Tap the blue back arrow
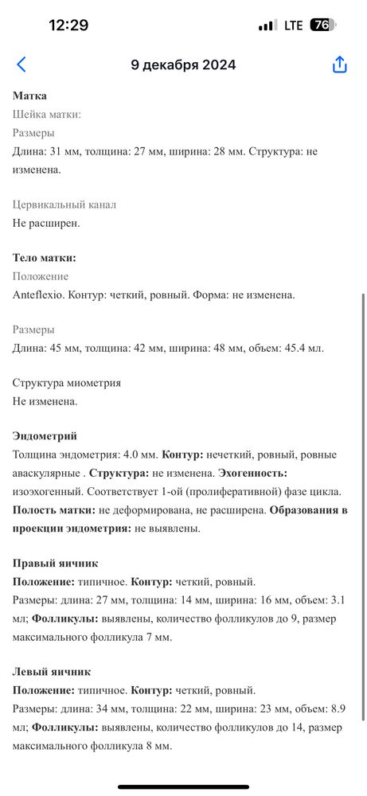tap(21, 65)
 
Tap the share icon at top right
tap(340, 65)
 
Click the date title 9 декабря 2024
tap(183, 65)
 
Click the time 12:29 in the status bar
tap(68, 25)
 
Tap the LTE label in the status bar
tap(294, 25)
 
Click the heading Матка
tap(30, 96)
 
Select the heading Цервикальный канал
tap(64, 205)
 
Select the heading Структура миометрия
tap(67, 383)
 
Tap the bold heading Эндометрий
tap(45, 436)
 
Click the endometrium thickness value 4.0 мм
tap(139, 455)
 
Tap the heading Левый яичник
tap(52, 671)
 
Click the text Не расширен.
tap(46, 223)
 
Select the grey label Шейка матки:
tap(47, 115)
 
